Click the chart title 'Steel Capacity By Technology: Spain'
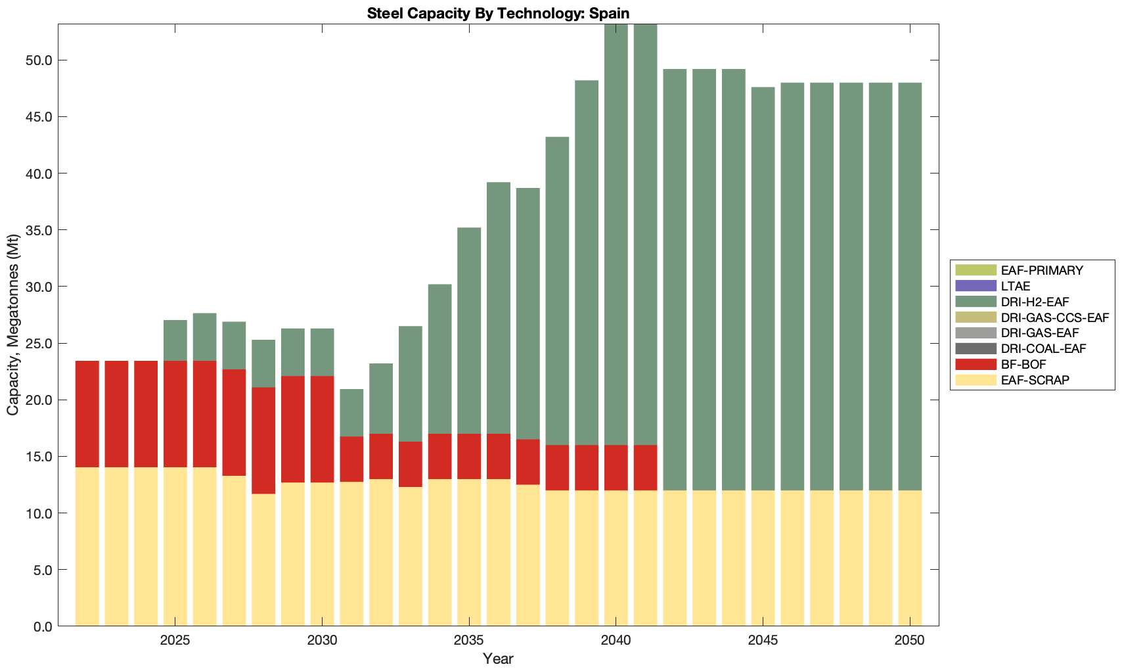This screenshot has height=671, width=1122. click(x=498, y=13)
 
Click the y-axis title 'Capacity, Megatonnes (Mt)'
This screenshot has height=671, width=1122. click(x=13, y=325)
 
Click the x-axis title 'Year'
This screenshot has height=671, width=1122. click(x=498, y=659)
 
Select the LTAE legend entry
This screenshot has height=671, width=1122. click(x=1016, y=286)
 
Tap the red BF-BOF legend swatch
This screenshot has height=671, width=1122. click(x=976, y=364)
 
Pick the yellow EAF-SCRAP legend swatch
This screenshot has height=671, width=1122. click(x=976, y=380)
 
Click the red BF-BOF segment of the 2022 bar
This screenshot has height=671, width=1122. click(x=87, y=414)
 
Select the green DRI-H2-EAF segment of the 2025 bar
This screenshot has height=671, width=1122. click(x=175, y=340)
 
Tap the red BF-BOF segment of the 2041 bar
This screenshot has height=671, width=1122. click(x=645, y=468)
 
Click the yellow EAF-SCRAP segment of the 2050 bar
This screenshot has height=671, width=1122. click(x=910, y=559)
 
